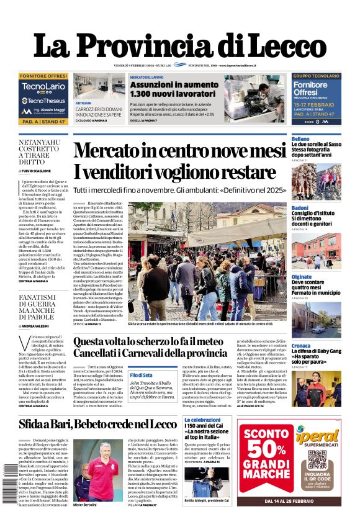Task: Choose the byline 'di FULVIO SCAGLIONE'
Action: [38, 170]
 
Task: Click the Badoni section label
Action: [300, 207]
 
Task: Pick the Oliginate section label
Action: [302, 276]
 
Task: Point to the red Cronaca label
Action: [301, 345]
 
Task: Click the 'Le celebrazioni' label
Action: [202, 420]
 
